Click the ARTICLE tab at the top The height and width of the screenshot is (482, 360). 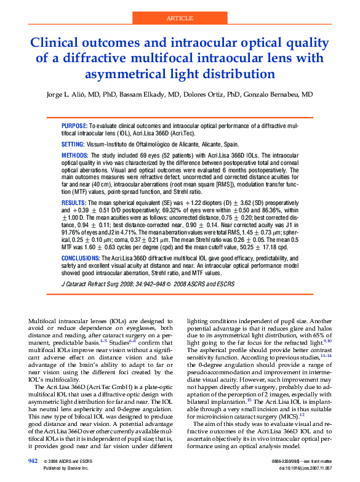coord(180,18)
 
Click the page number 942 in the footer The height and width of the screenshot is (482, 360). coord(33,460)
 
